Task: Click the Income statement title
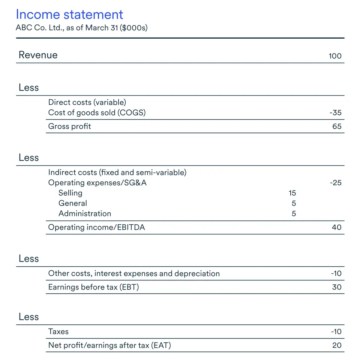coord(69,15)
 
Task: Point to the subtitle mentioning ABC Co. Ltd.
coord(81,28)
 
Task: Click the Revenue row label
coord(38,55)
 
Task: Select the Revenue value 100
coord(335,56)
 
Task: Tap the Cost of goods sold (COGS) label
coord(97,112)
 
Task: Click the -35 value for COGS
coord(335,112)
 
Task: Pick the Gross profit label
coord(69,126)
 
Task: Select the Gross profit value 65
coord(337,126)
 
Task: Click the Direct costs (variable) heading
coord(87,102)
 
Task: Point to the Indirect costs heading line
coord(117,172)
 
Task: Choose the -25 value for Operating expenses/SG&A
coord(335,183)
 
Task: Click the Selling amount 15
coord(292,193)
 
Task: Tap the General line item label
coord(73,203)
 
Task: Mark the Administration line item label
coord(85,214)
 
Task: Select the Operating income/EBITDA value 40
coord(336,227)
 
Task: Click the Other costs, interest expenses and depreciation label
coord(134,273)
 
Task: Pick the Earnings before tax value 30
coord(337,287)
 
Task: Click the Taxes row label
coord(58,331)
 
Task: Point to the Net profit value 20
coord(337,345)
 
